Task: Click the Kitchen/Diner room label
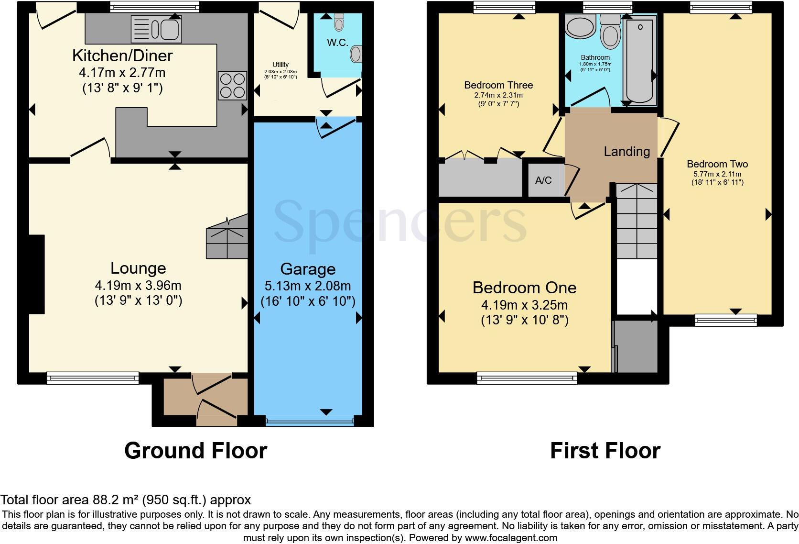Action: (x=122, y=56)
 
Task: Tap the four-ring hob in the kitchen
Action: (x=232, y=85)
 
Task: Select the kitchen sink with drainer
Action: (x=156, y=29)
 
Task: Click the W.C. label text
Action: (x=337, y=43)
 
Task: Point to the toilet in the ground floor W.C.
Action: (x=339, y=22)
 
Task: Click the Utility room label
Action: (x=281, y=65)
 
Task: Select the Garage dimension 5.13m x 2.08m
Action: (x=308, y=286)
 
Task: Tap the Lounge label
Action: (x=138, y=268)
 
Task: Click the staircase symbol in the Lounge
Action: (x=227, y=238)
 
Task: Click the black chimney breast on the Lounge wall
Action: (x=37, y=274)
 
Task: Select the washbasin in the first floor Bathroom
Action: (x=579, y=27)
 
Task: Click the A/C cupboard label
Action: (x=543, y=180)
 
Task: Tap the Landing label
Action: (x=626, y=152)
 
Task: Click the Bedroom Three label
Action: (x=498, y=85)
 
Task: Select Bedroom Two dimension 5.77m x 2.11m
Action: (x=717, y=174)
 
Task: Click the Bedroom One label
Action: (x=524, y=288)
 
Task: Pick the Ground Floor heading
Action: (x=195, y=451)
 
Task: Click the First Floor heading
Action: (x=605, y=451)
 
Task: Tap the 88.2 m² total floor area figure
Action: (x=115, y=500)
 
